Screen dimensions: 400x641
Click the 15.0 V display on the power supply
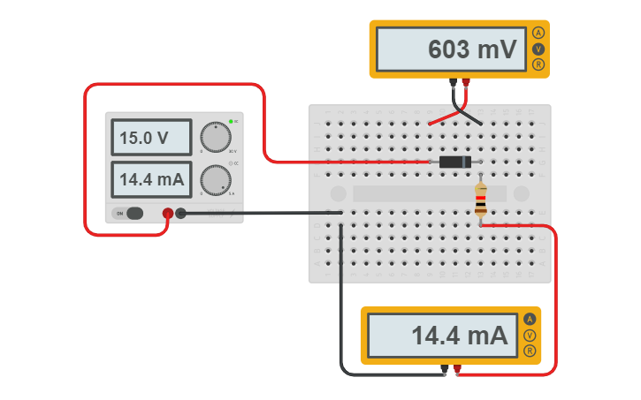tap(150, 138)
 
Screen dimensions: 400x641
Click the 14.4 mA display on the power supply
tap(150, 179)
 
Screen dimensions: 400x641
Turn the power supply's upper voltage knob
tap(215, 137)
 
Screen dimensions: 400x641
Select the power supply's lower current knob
tap(215, 180)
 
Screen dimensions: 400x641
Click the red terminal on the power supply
tap(167, 213)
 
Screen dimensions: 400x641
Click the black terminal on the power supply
tap(181, 213)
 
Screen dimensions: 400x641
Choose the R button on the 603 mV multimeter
tap(538, 64)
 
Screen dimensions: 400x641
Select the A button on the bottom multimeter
tap(530, 319)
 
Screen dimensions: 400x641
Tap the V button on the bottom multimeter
tap(530, 335)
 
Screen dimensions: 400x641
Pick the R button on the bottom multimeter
tap(530, 351)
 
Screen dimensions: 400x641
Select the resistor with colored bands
tap(480, 200)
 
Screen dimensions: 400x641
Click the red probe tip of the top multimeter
tap(466, 84)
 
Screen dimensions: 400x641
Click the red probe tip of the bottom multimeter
tap(457, 369)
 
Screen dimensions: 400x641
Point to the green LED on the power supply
tap(230, 121)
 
